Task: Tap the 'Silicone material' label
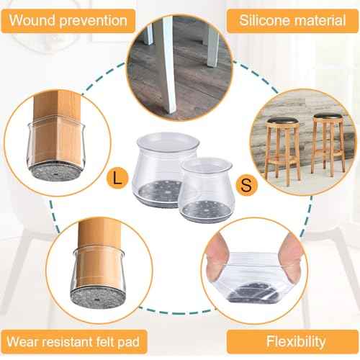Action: click(292, 20)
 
